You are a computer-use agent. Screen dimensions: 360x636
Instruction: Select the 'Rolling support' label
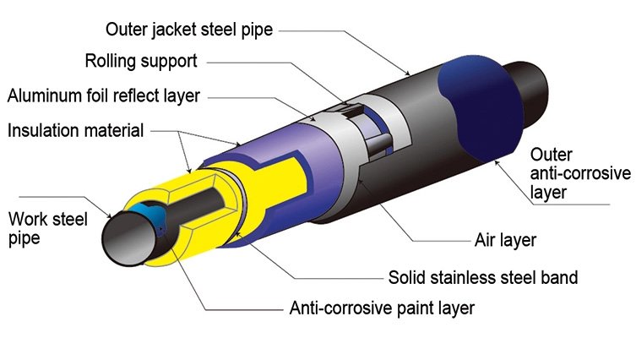click(140, 62)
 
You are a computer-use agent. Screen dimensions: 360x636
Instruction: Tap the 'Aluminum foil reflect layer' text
click(104, 95)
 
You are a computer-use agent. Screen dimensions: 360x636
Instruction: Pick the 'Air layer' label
click(505, 240)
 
